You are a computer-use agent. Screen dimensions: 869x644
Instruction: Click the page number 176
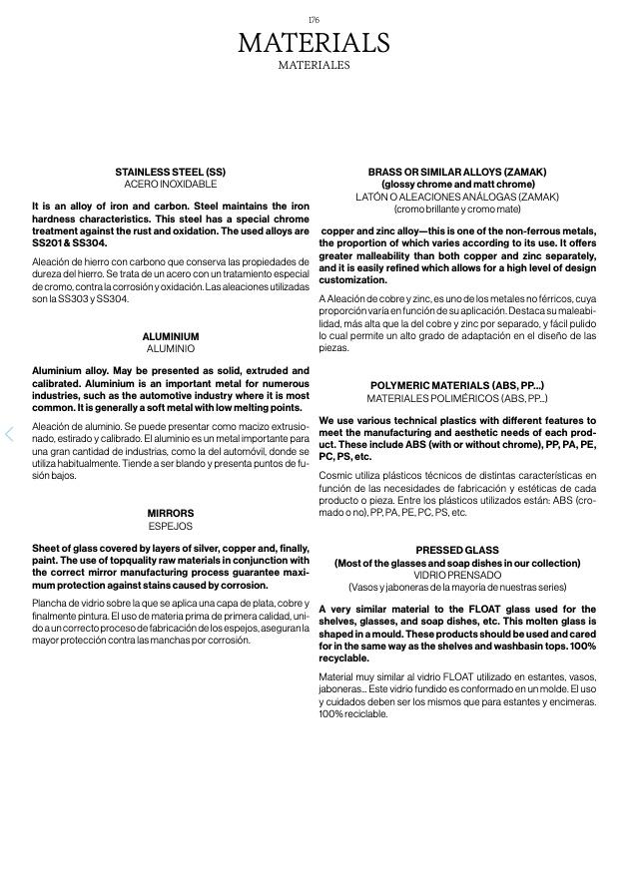click(x=314, y=20)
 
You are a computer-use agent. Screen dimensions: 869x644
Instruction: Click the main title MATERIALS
click(x=314, y=44)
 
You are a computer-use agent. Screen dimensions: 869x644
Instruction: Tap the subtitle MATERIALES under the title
click(x=314, y=66)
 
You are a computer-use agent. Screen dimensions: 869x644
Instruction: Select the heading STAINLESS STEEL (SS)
click(x=171, y=172)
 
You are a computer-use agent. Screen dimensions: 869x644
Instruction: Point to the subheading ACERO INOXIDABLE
click(x=171, y=185)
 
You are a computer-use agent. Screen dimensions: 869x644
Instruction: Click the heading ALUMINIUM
click(x=171, y=337)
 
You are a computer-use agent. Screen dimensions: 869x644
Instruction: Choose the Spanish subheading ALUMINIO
click(x=171, y=350)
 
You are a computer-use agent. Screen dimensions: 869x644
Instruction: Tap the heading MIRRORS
click(x=171, y=513)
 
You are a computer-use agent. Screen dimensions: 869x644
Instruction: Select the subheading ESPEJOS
click(x=171, y=526)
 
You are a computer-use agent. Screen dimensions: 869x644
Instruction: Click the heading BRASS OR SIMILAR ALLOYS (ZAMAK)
click(x=457, y=172)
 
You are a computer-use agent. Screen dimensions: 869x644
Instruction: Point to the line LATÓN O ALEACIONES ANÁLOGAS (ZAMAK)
click(x=457, y=198)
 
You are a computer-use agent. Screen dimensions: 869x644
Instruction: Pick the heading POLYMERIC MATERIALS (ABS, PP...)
click(x=457, y=385)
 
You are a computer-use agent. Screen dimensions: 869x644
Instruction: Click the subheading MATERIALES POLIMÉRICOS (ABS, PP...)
click(x=457, y=398)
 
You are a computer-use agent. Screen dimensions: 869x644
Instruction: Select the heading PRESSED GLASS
click(x=457, y=551)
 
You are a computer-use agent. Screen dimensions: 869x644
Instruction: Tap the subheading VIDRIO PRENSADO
click(x=457, y=576)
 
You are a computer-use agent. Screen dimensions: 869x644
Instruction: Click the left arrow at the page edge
click(x=9, y=434)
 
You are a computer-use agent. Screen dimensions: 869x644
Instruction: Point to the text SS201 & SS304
click(x=69, y=242)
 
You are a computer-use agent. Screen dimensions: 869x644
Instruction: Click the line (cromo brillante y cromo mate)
click(x=457, y=210)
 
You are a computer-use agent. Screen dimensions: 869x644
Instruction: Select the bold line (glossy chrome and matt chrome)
click(x=457, y=185)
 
